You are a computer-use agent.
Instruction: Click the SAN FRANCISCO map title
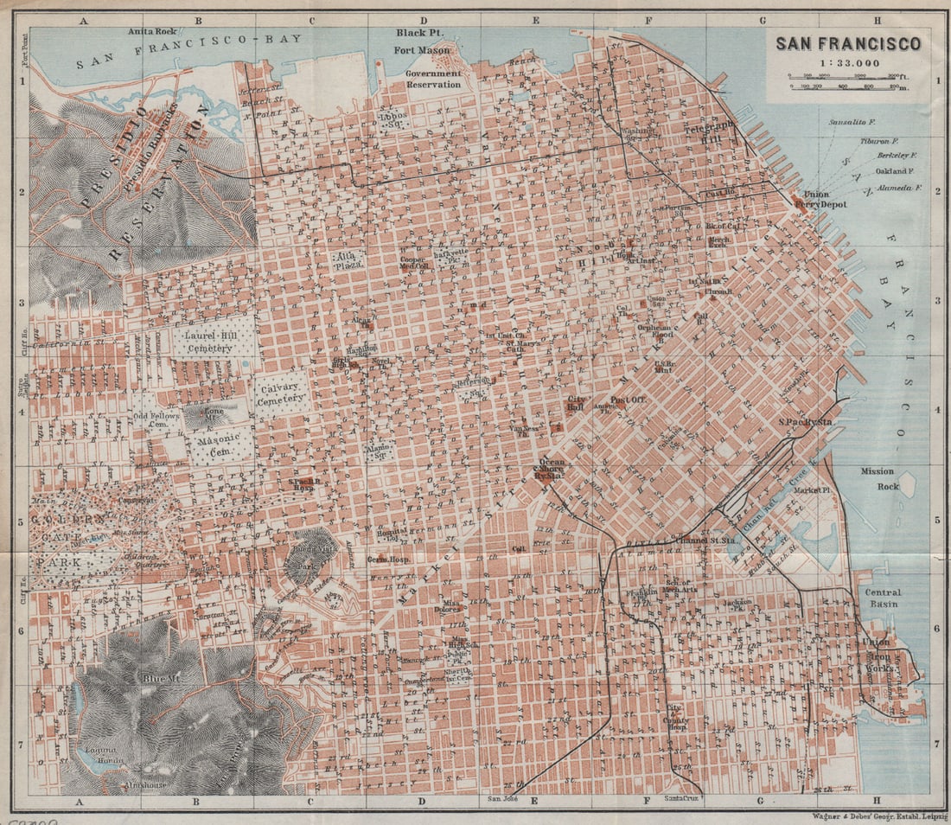tap(847, 44)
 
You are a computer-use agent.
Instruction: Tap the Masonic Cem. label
tap(214, 445)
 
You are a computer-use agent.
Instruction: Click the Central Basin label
tap(881, 598)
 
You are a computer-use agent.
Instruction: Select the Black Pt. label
tap(414, 33)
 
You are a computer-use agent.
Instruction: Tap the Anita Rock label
tap(152, 31)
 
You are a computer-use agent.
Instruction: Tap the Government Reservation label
tap(433, 80)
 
